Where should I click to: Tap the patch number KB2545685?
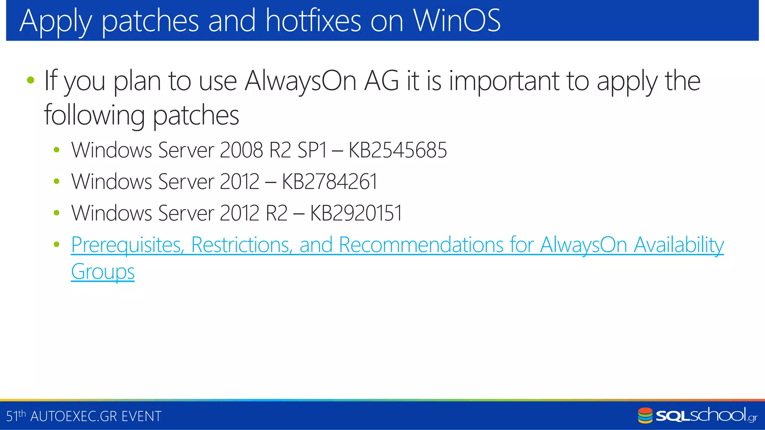tap(397, 150)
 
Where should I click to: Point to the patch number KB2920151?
tap(356, 213)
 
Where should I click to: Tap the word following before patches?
tap(94, 115)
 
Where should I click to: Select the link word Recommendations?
tap(421, 245)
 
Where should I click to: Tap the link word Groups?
tap(103, 272)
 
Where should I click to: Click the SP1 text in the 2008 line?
tap(312, 150)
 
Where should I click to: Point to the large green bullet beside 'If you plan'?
tap(31, 80)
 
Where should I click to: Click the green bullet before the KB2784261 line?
tap(56, 182)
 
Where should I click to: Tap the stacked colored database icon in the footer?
tap(645, 416)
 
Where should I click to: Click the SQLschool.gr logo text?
tap(706, 416)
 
